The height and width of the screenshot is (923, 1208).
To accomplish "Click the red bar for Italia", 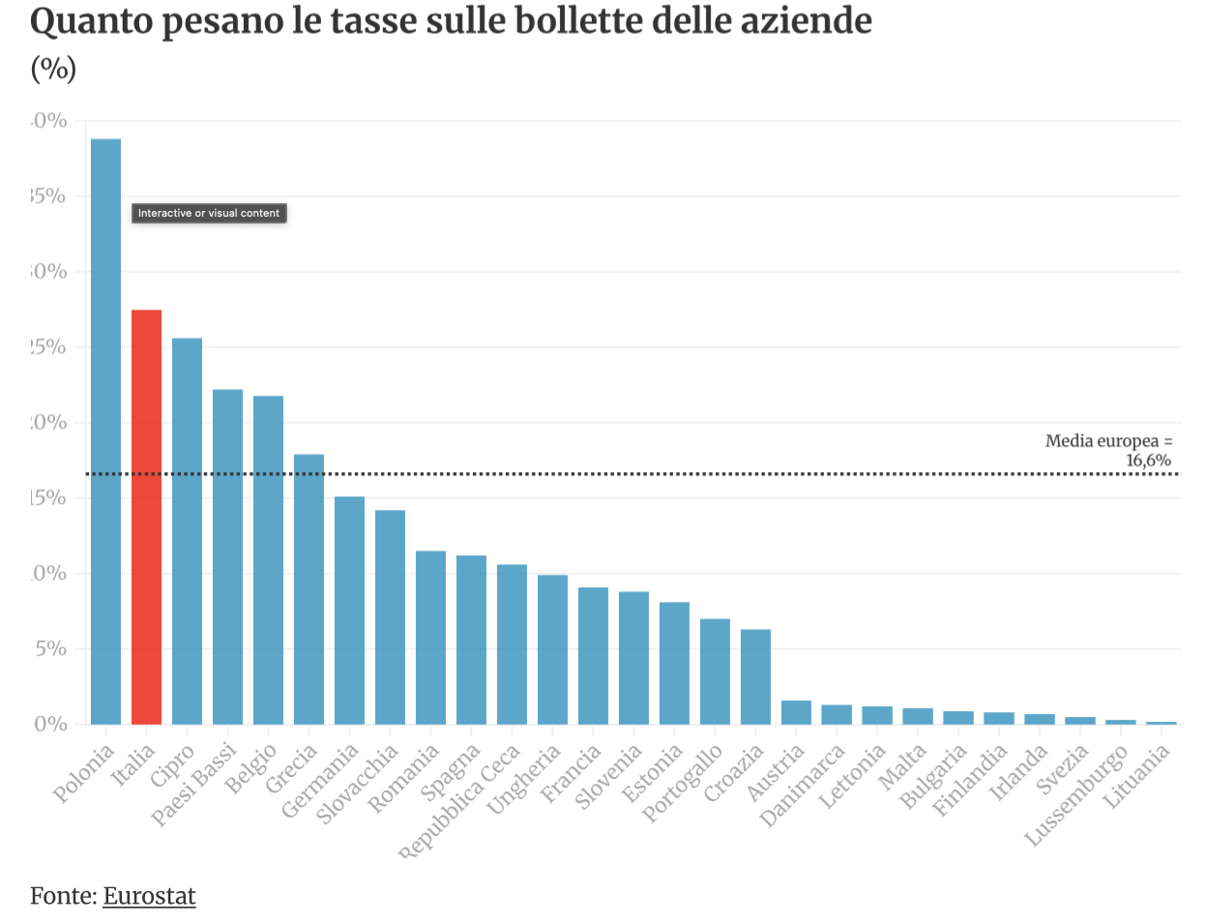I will click(146, 517).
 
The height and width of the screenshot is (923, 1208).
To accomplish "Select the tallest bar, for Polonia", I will click(105, 432).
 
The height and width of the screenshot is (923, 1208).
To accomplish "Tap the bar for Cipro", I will click(187, 531).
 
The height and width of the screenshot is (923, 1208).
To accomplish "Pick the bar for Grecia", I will click(309, 589).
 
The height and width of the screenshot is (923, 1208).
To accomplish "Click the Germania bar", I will click(349, 610).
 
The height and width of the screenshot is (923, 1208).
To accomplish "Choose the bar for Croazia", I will click(755, 676).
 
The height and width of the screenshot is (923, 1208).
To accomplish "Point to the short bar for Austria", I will click(796, 712).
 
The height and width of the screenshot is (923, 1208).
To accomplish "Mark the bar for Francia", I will click(593, 656).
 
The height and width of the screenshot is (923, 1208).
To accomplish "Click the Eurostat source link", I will click(149, 896).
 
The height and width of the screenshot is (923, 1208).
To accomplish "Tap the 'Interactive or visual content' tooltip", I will click(209, 213).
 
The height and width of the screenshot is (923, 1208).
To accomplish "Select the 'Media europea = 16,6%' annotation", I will click(1108, 450).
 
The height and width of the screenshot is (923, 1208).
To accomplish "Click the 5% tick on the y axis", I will click(50, 648).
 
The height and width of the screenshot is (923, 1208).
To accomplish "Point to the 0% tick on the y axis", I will click(50, 724).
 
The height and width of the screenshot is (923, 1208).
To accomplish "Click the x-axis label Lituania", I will click(1137, 776).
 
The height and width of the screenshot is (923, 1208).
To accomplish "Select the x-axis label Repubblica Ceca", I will click(460, 801).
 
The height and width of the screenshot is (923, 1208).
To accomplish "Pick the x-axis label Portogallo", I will click(683, 783).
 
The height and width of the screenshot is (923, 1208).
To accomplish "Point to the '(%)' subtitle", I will click(53, 69).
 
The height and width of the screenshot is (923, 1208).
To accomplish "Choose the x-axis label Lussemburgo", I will click(1075, 795).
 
